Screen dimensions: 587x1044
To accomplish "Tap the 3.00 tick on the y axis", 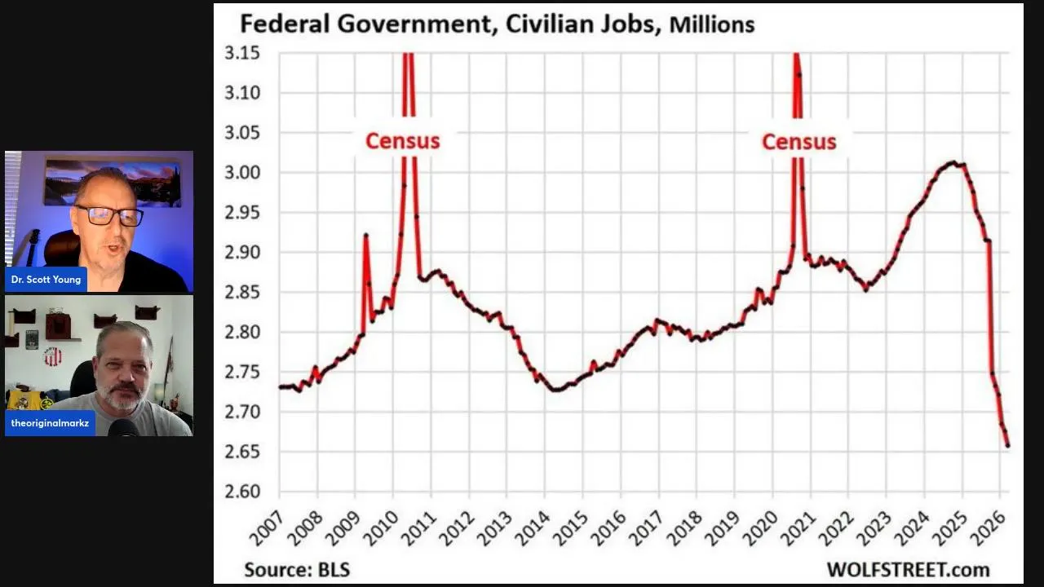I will click(241, 173).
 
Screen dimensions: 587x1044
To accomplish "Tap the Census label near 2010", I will click(402, 141).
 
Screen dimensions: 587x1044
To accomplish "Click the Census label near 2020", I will click(798, 142).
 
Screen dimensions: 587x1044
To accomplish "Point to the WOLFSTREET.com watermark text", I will click(908, 569).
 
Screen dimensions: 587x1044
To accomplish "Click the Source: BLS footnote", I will click(297, 569).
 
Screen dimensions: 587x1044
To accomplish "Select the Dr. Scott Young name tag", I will click(46, 280).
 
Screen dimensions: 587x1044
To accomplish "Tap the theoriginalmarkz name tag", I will click(50, 423).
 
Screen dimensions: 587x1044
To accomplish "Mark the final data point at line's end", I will click(1007, 445).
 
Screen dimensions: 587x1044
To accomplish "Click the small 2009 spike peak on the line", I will click(365, 235).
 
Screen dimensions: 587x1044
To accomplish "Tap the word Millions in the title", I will click(711, 24).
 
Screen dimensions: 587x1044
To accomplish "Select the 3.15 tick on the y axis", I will click(241, 54).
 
